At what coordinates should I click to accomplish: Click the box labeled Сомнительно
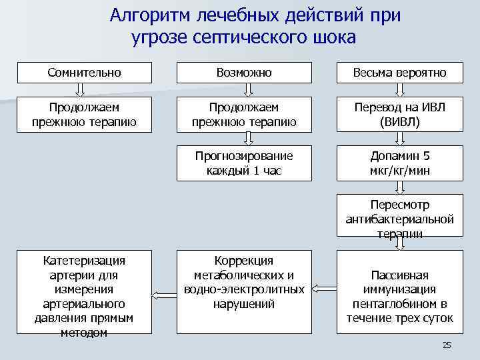84,73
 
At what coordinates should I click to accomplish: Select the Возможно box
244,73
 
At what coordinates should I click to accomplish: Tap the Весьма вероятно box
400,73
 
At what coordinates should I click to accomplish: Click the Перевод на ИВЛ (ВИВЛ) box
400,114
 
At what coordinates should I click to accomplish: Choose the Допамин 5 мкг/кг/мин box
400,163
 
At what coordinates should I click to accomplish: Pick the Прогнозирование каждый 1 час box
244,163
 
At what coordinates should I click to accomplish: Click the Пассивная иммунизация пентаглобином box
400,291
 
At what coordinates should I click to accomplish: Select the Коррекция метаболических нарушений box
244,291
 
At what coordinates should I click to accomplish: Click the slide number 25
447,345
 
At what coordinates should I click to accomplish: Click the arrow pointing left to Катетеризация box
163,293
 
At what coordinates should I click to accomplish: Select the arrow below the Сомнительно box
85,89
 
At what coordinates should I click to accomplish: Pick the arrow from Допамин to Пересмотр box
400,188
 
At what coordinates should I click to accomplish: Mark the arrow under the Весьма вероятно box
400,89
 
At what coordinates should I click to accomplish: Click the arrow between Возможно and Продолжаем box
244,89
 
